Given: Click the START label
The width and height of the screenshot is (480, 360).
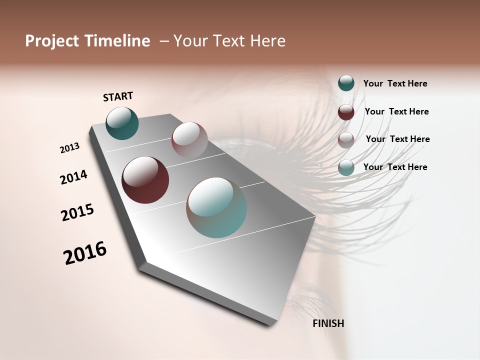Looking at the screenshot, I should (118, 96).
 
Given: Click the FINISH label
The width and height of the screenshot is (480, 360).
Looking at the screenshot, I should (328, 323).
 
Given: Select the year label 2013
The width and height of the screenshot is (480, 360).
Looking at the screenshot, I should (69, 148).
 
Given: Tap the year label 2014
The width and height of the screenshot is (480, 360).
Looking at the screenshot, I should (73, 177).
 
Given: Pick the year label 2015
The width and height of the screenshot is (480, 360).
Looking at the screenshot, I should (77, 212).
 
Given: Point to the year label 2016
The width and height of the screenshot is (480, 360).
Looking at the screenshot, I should (85, 253).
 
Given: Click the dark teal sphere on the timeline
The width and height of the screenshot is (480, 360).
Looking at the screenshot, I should (122, 123).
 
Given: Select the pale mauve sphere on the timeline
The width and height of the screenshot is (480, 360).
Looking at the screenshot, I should (189, 139).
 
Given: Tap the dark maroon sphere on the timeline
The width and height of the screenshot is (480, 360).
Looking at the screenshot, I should (145, 180).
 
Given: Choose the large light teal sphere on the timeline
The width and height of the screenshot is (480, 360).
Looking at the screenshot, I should (216, 207).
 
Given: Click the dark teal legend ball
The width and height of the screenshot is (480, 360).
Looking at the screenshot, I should (346, 83).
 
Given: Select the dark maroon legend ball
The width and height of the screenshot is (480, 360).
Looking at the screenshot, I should (346, 112).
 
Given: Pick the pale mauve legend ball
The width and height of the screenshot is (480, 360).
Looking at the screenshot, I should (346, 140).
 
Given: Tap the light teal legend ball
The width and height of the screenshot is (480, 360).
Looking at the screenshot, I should (346, 168).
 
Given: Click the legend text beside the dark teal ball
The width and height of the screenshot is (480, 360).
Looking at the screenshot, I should (395, 83).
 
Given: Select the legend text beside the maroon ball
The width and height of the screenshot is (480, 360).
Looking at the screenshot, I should (396, 111).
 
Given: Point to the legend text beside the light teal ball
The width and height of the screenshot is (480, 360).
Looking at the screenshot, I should (395, 167).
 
